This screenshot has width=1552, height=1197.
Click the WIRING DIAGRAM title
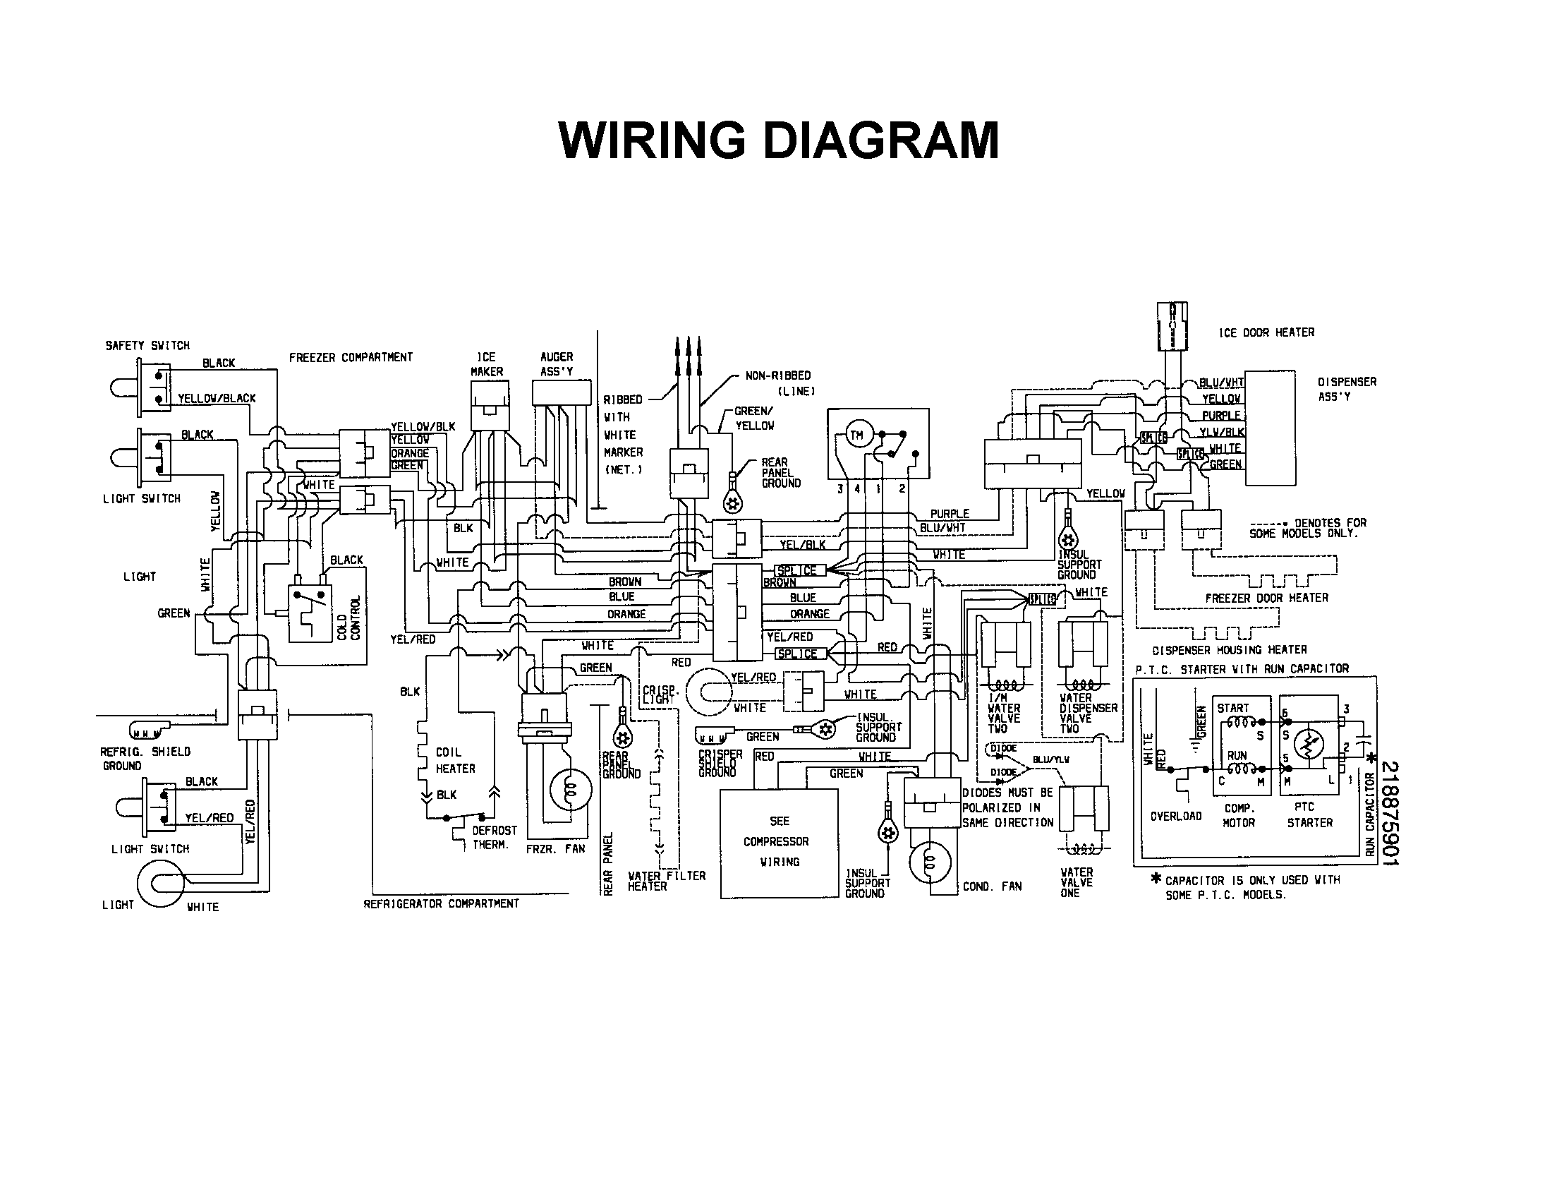(x=778, y=140)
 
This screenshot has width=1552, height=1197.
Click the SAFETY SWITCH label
(x=147, y=345)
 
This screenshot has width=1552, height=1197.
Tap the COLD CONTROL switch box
(x=310, y=613)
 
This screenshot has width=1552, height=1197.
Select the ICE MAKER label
(x=487, y=364)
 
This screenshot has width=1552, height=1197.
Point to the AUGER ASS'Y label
(x=557, y=364)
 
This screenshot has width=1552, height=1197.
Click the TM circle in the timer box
(x=856, y=435)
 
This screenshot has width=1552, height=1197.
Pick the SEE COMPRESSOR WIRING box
(x=779, y=841)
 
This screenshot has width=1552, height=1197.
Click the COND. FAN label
(x=992, y=886)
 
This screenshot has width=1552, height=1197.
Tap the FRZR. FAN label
(x=555, y=849)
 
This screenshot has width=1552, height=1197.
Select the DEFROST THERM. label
(x=495, y=837)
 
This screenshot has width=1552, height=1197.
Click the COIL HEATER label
(x=455, y=760)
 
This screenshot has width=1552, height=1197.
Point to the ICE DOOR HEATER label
(x=1266, y=332)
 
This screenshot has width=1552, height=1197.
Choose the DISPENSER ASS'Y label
(x=1347, y=389)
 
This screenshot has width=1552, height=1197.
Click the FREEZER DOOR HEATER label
(x=1266, y=598)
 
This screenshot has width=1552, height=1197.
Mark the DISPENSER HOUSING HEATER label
(x=1230, y=650)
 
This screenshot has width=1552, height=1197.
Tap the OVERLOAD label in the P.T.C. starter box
(x=1175, y=816)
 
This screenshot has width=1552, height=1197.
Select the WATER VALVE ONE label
(x=1076, y=882)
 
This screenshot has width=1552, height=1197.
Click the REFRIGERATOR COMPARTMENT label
(x=442, y=903)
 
